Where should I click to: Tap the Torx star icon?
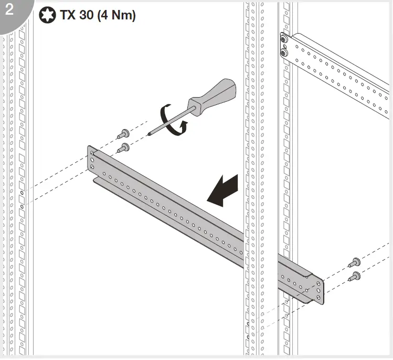coord(46,15)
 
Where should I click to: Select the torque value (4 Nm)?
coord(116,15)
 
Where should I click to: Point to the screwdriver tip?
coord(150,133)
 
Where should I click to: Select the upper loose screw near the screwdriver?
coord(125,133)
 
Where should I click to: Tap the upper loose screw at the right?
coord(355,261)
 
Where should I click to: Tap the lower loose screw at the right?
coord(355,275)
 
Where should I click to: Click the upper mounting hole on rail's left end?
coord(93,156)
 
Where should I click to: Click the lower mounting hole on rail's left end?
coord(93,167)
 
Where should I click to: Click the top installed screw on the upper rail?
coord(284,40)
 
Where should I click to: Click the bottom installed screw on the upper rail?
coord(284,52)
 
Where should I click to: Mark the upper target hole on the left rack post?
coord(23,193)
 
